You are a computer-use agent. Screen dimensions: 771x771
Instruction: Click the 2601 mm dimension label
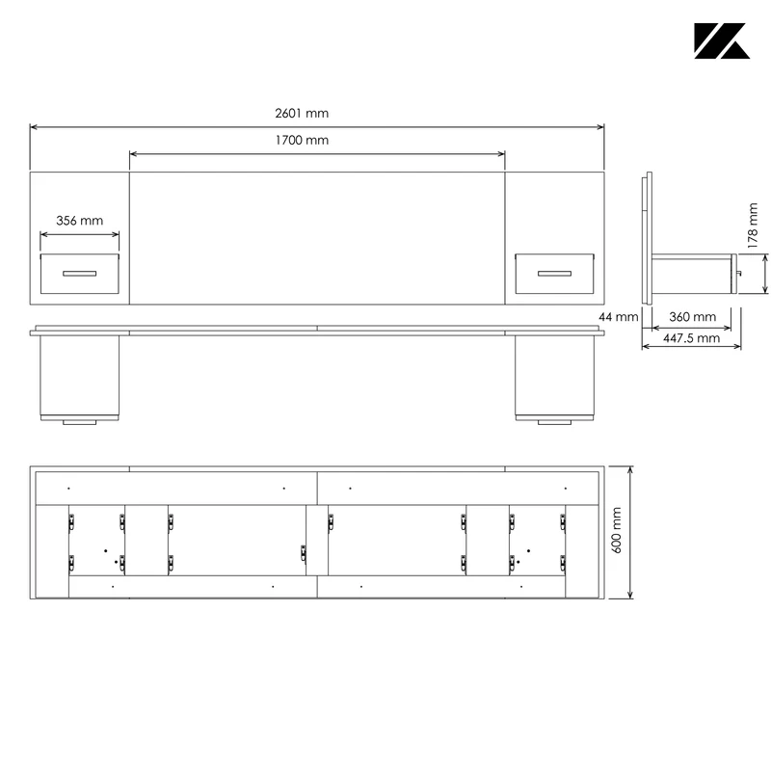click(302, 113)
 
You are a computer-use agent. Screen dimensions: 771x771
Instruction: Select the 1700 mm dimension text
click(302, 140)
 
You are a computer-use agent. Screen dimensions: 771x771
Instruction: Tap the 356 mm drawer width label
click(80, 221)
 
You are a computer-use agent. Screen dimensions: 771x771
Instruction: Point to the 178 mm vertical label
click(753, 226)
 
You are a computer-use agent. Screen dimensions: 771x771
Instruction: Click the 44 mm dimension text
click(618, 317)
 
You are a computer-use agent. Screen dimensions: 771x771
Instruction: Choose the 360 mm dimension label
click(692, 317)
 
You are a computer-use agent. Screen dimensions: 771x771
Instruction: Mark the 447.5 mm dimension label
click(691, 338)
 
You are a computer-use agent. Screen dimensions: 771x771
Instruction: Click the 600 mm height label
click(616, 531)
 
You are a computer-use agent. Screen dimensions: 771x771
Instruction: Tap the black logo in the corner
click(722, 40)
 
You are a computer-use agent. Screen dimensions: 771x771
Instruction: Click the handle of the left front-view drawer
click(80, 274)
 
